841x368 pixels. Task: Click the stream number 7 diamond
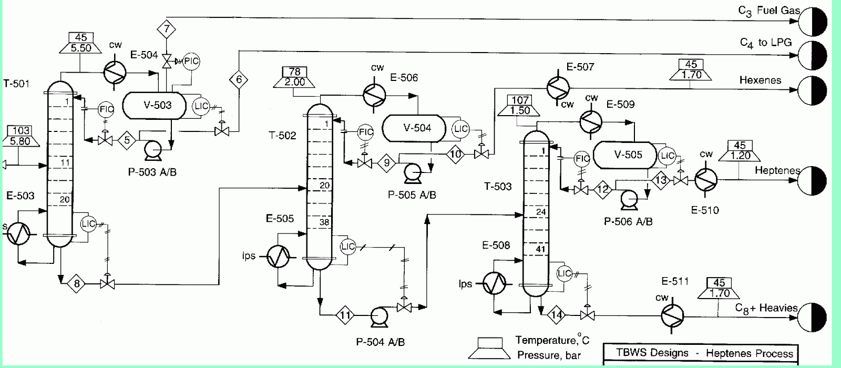tap(166, 28)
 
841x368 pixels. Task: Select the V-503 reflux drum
tap(155, 106)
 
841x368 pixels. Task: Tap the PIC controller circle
tap(191, 61)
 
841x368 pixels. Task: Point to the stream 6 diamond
tap(239, 79)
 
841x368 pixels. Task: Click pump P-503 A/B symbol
tap(153, 149)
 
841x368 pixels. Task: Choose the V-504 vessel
tap(414, 128)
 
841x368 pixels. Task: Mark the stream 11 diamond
tap(345, 315)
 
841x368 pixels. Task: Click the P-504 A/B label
tap(381, 342)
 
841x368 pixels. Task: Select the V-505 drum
tap(625, 155)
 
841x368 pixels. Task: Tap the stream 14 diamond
tap(557, 315)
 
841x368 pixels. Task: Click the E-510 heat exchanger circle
tap(706, 179)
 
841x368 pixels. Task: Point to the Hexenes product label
tap(760, 80)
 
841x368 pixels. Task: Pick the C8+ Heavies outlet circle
tap(812, 318)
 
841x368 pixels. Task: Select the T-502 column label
tap(282, 135)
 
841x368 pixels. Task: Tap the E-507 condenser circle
tap(558, 87)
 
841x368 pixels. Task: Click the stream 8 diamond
tap(77, 283)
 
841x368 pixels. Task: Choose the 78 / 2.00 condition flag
tap(294, 77)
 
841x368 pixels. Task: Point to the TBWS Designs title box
tap(701, 353)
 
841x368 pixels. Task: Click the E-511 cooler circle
tap(672, 315)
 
